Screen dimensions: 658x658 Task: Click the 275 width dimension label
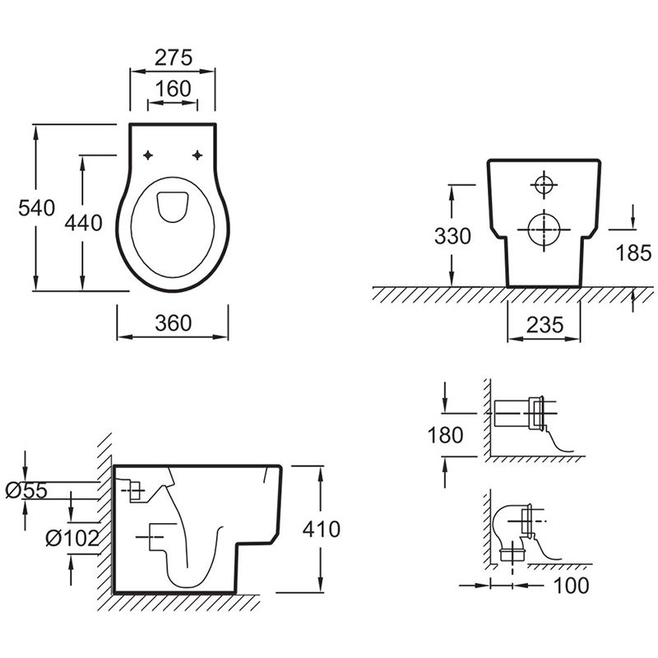tap(173, 58)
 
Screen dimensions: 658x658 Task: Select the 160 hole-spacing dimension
tap(173, 87)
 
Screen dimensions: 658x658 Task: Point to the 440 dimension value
tap(84, 222)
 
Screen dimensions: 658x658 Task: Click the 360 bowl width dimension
tap(173, 323)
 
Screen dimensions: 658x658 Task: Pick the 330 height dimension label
tap(453, 236)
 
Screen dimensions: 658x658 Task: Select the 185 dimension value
tap(633, 252)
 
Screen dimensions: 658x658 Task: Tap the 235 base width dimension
tap(545, 325)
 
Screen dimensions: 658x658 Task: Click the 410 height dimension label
tap(322, 529)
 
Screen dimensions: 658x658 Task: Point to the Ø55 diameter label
tap(26, 491)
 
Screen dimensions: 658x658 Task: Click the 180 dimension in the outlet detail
tap(446, 434)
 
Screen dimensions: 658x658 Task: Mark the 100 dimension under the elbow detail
tap(572, 586)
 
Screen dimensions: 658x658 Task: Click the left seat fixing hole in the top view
tap(148, 155)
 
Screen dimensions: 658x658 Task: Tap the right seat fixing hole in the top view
tap(198, 155)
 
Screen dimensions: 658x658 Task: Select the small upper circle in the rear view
tap(544, 184)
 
